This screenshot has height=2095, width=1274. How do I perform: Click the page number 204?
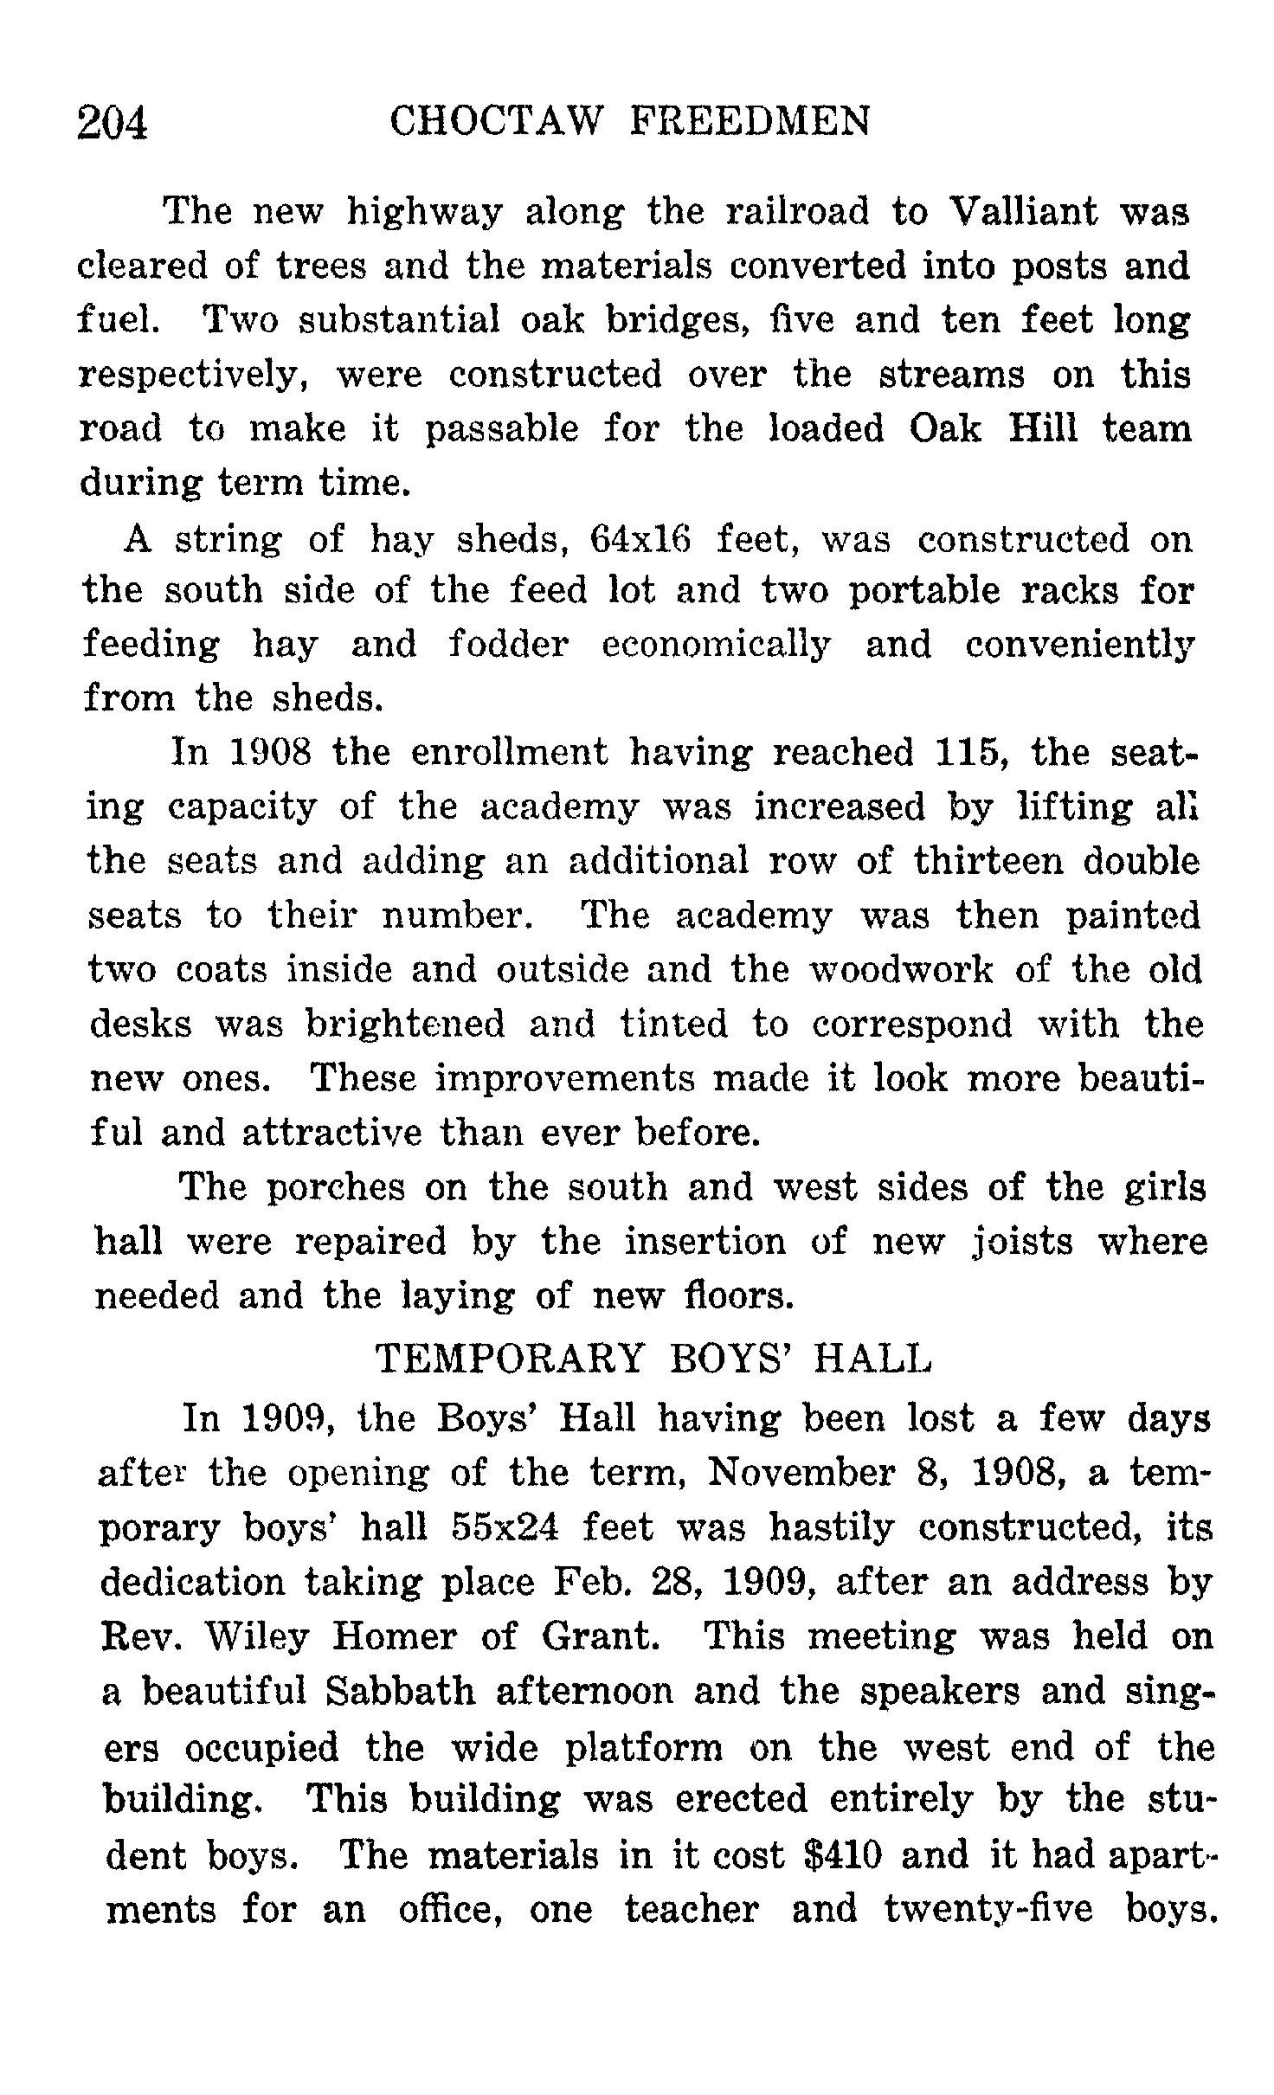(113, 123)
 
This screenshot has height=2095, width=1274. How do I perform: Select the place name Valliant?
(1025, 212)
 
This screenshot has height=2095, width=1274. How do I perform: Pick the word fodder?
(509, 645)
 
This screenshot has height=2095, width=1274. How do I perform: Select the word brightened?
(406, 1025)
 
